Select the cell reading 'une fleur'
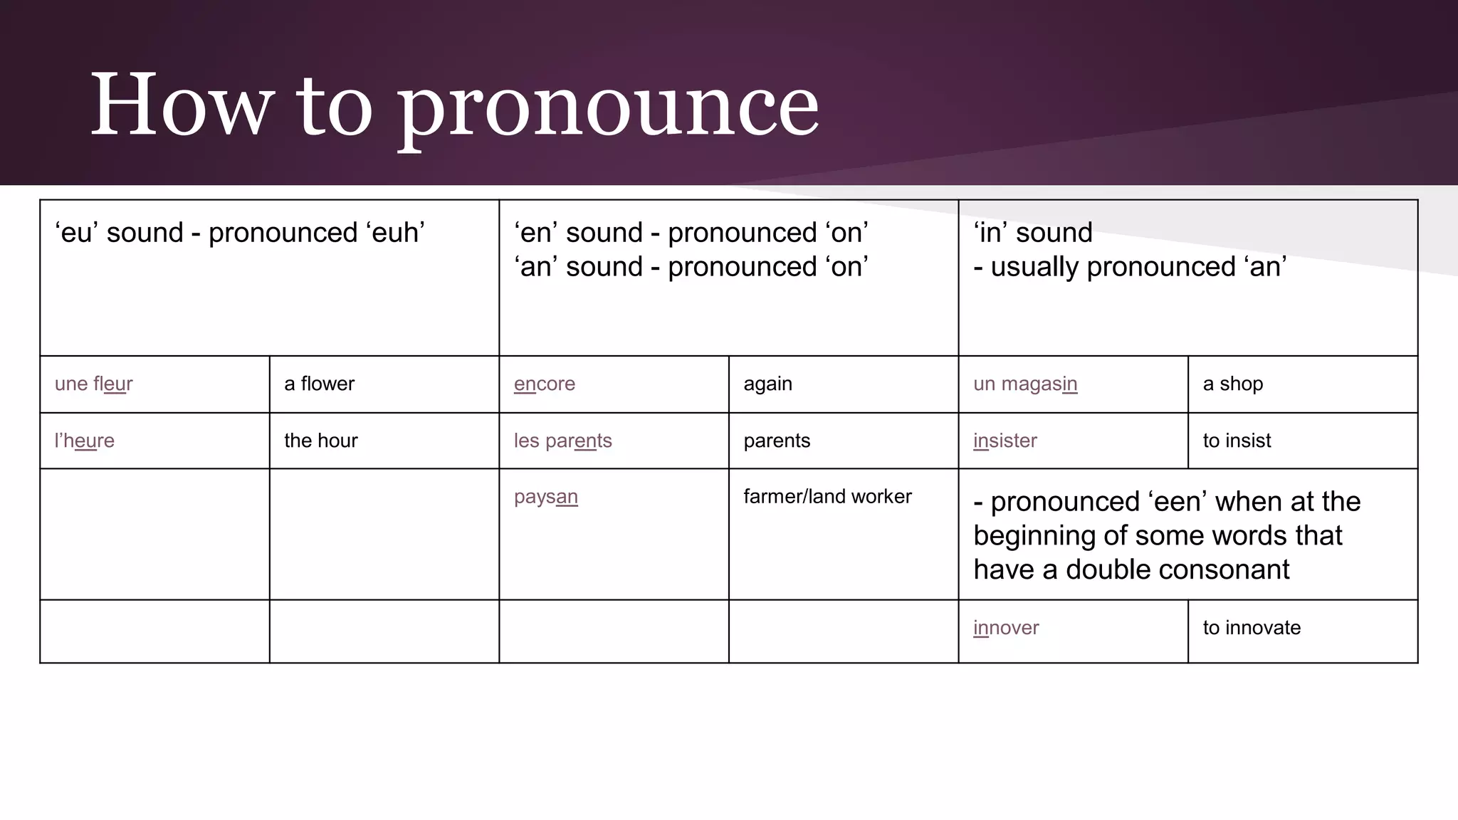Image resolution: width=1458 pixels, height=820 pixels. tap(94, 384)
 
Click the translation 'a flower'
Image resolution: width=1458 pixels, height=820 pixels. tap(319, 384)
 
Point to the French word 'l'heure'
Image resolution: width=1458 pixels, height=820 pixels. tap(84, 441)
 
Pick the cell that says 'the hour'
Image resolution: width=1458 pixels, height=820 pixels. tap(320, 441)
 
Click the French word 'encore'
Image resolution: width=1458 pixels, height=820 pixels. tap(545, 384)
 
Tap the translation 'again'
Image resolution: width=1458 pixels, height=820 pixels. tap(767, 384)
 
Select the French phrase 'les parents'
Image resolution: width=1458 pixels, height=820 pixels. tap(562, 441)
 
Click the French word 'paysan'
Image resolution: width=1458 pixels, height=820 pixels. tap(545, 497)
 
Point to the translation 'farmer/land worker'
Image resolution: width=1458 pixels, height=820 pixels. tap(827, 496)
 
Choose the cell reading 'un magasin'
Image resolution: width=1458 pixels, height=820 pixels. tap(1025, 384)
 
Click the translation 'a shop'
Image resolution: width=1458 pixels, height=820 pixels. tap(1233, 384)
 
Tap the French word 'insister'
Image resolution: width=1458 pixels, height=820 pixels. tap(1005, 441)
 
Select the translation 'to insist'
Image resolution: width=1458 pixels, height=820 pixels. tap(1237, 441)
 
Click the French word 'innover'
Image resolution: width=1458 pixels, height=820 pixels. tap(1006, 628)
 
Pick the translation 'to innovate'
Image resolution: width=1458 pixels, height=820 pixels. tap(1252, 628)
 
